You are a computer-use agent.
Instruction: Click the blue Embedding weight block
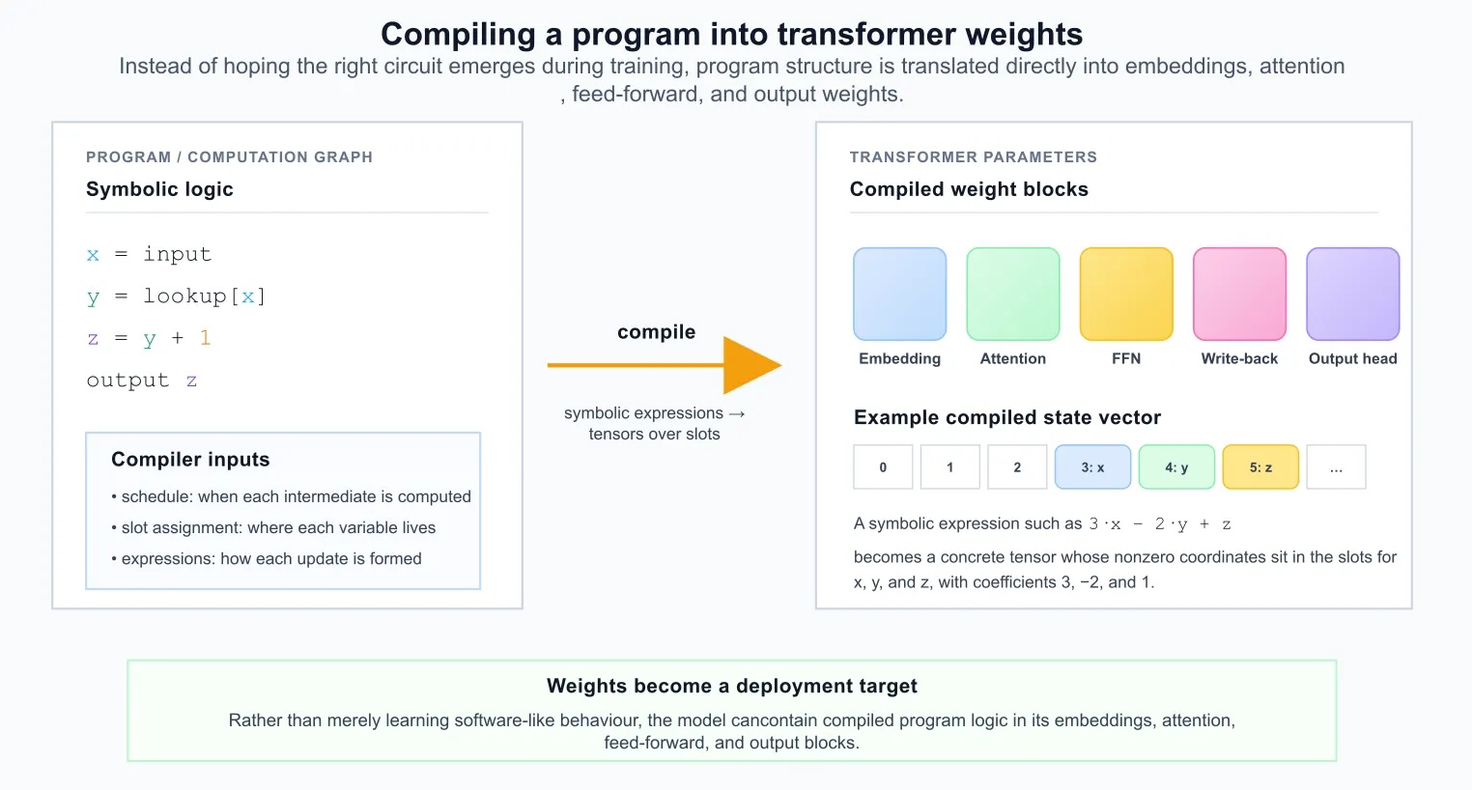point(899,294)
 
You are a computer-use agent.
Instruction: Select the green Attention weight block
point(1012,294)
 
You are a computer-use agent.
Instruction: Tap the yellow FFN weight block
point(1126,294)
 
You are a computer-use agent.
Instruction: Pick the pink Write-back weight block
point(1239,294)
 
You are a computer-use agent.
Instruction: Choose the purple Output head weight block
point(1352,294)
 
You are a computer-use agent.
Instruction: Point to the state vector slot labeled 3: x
point(1092,467)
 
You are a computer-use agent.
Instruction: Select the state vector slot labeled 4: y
point(1176,467)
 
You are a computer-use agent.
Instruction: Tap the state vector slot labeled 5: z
point(1260,467)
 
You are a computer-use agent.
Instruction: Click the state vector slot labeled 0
point(883,467)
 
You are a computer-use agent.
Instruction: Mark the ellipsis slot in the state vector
point(1336,467)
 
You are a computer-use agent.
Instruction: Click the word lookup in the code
point(184,296)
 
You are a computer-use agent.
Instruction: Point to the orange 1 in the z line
point(205,338)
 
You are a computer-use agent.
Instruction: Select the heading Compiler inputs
point(190,460)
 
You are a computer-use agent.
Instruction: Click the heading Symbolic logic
point(159,189)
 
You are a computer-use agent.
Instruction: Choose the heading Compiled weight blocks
point(969,189)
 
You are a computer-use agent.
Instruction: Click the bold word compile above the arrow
point(656,332)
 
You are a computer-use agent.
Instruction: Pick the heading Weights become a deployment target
point(731,686)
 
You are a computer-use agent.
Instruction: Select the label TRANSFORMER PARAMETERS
point(973,156)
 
